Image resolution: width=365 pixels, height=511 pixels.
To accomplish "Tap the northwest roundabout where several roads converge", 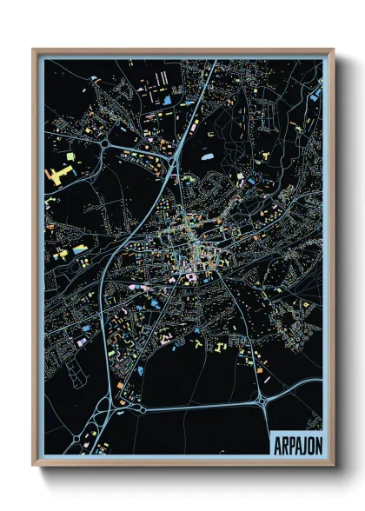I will point(105,143).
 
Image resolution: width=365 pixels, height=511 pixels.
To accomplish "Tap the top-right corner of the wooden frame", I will point(333,50).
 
